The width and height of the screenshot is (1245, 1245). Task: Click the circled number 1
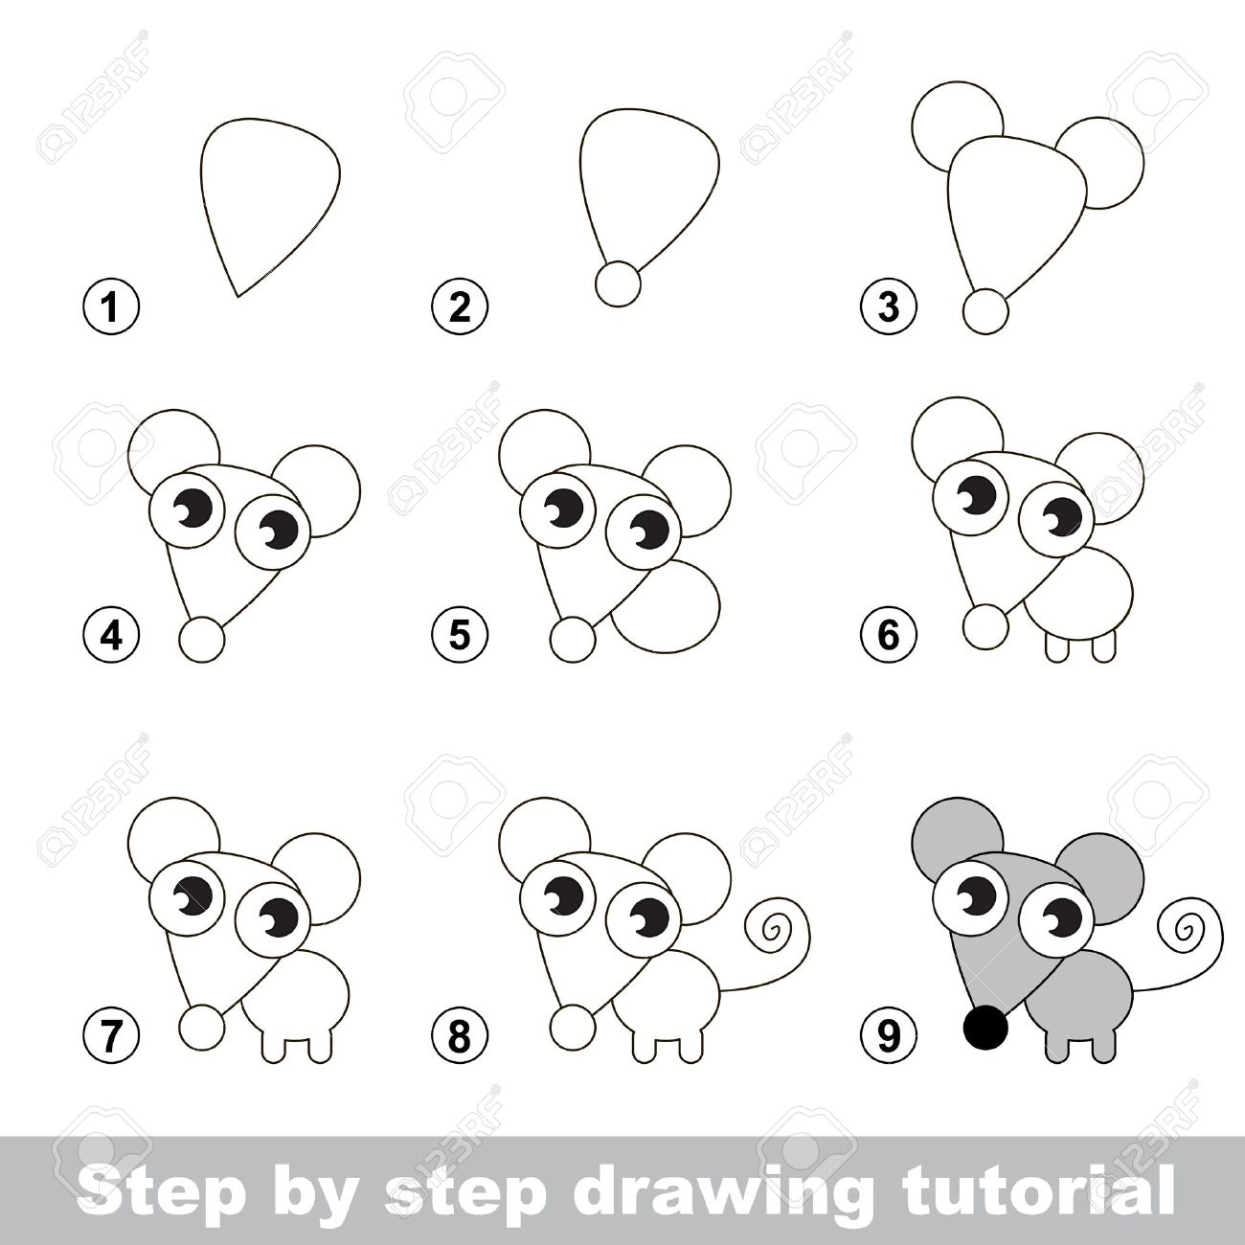coord(111,306)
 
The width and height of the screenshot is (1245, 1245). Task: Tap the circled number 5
coord(460,635)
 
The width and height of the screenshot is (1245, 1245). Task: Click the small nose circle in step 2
coord(619,283)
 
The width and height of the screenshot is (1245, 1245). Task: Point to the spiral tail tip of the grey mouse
coord(1186,930)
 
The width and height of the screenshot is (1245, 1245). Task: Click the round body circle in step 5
coord(718,598)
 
